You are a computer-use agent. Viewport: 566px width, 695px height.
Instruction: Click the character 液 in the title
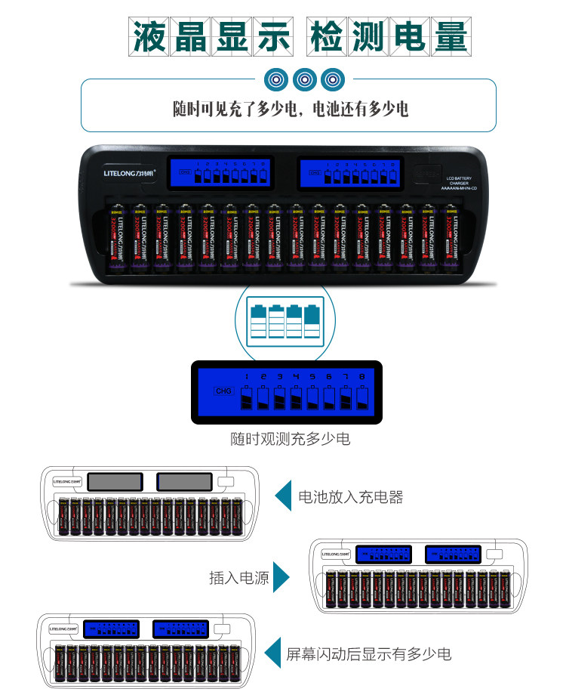149,36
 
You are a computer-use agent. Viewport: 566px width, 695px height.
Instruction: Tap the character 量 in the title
450,36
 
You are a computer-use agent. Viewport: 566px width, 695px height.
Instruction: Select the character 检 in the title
328,36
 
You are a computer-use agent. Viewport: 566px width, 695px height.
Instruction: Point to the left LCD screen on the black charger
222,174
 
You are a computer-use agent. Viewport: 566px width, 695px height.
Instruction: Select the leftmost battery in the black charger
116,236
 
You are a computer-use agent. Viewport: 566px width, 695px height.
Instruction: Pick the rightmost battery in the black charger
451,236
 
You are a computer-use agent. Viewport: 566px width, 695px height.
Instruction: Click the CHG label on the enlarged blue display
224,391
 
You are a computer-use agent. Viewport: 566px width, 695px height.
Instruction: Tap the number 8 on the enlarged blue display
362,376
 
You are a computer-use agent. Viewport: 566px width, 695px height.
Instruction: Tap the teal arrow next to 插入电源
281,578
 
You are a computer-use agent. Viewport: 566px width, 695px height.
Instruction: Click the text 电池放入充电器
351,496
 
